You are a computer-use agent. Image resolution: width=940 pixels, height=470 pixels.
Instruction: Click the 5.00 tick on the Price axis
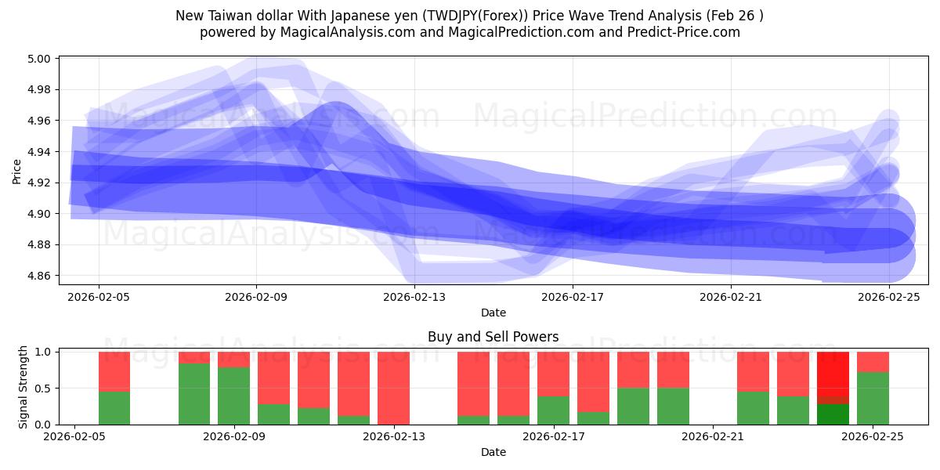[x=39, y=59]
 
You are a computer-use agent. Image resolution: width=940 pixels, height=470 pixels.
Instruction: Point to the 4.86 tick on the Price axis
[x=39, y=276]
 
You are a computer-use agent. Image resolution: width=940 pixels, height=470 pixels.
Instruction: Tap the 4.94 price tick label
[x=39, y=152]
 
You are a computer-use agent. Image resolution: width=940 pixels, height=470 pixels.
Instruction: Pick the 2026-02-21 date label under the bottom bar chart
[x=714, y=437]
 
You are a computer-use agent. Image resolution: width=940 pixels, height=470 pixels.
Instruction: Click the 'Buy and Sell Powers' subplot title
[x=493, y=338]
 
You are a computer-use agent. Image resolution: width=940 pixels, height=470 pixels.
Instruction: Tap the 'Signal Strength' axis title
[x=23, y=387]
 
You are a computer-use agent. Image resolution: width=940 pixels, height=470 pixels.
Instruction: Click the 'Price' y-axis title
[x=17, y=171]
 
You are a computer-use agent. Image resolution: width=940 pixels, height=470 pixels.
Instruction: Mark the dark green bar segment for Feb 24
[x=833, y=414]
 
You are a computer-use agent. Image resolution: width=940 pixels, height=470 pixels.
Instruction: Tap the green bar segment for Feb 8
[x=194, y=394]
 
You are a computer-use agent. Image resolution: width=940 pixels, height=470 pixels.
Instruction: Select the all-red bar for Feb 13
[x=393, y=388]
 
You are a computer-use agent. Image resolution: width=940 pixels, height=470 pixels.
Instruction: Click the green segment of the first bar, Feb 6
[x=114, y=408]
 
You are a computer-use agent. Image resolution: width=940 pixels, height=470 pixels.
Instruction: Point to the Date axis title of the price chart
[x=493, y=313]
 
